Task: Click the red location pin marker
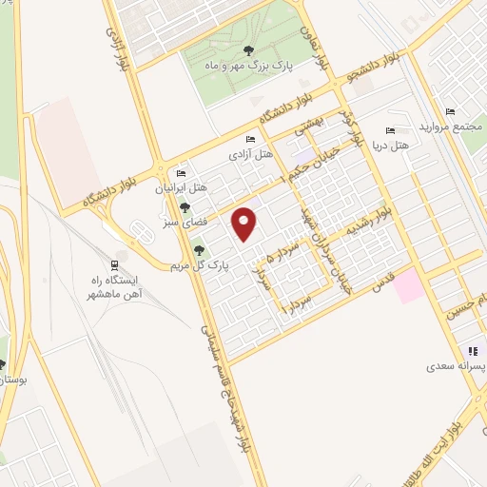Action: pos(245,223)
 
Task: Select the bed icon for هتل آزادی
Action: pos(250,140)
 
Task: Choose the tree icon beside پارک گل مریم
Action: pos(200,251)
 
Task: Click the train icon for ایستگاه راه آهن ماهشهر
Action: pos(115,264)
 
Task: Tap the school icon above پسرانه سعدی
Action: pos(473,351)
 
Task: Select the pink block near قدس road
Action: pos(410,286)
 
